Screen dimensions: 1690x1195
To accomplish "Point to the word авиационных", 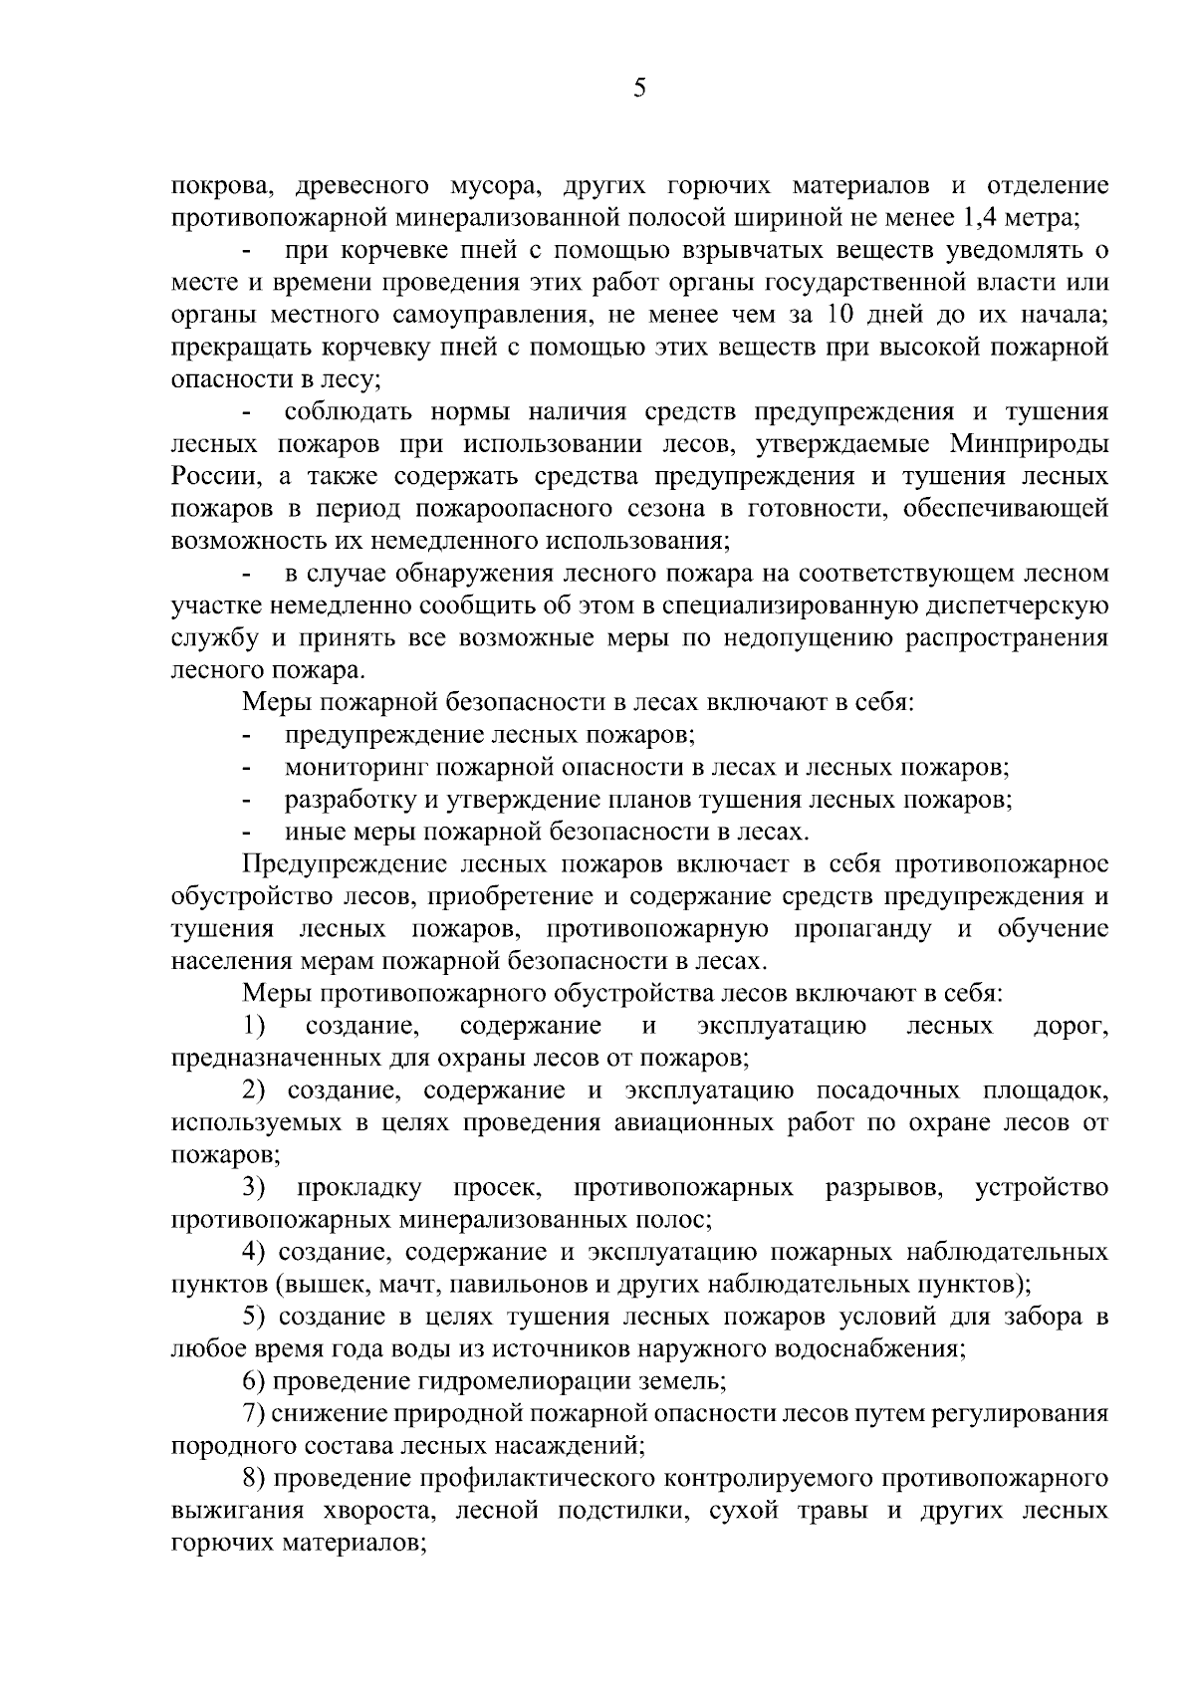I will tap(683, 1123).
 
